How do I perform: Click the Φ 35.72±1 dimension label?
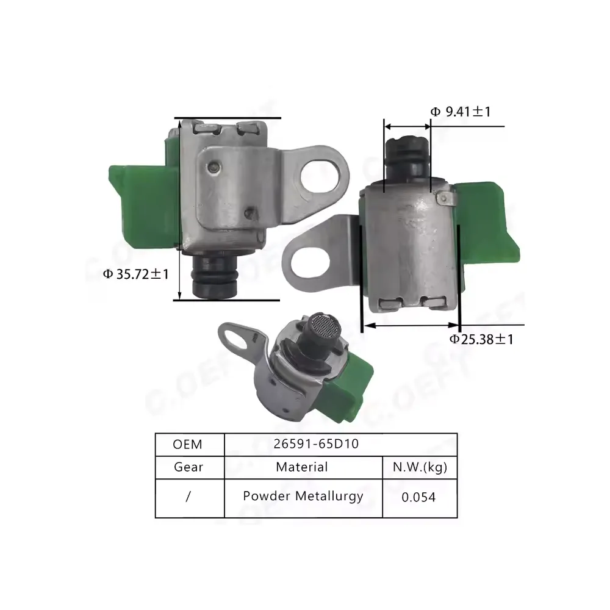tap(136, 274)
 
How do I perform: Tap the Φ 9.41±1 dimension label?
tap(461, 112)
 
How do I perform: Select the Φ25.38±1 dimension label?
tap(482, 339)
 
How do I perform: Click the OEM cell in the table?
tap(187, 444)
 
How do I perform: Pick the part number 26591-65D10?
tap(316, 444)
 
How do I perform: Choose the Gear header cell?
tap(188, 467)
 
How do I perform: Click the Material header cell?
tap(302, 467)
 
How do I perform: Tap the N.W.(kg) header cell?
tap(420, 467)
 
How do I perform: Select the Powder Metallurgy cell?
tap(303, 497)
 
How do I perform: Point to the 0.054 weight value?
tap(418, 497)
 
